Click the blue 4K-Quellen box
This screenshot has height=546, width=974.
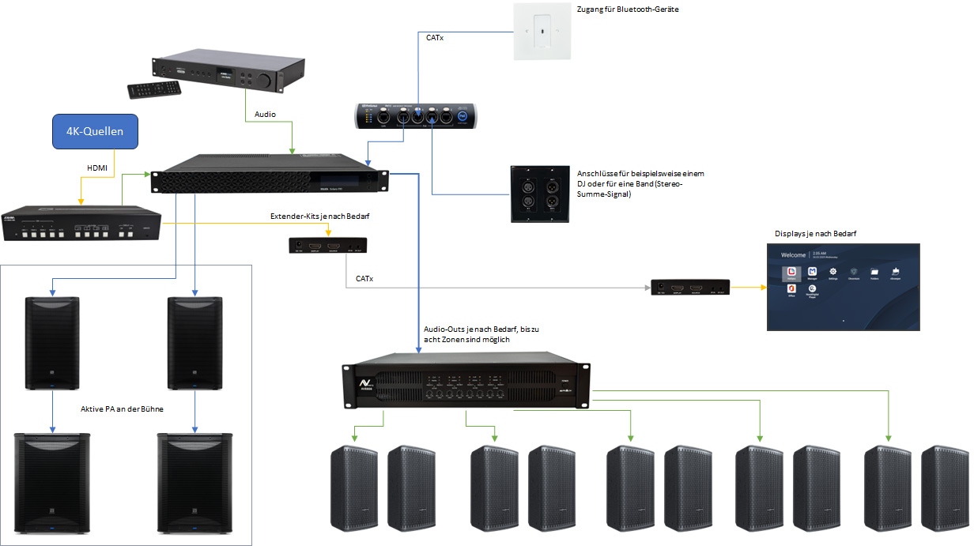coord(94,131)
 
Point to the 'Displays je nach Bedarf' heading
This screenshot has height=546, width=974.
coord(820,234)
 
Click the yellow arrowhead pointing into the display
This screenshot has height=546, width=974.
coord(763,288)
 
